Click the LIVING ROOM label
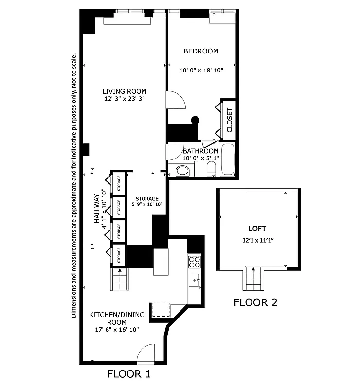point(124,91)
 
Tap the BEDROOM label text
point(200,51)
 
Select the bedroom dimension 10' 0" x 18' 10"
point(201,71)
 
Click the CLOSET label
point(230,120)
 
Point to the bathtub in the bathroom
point(228,159)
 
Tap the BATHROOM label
point(200,151)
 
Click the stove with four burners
point(195,262)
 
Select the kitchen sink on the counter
point(194,280)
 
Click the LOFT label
point(257,228)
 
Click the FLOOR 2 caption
point(255,302)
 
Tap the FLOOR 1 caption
point(129,374)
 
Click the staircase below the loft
point(253,279)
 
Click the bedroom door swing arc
point(176,100)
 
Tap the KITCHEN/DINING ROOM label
point(117,318)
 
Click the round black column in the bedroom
point(195,120)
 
